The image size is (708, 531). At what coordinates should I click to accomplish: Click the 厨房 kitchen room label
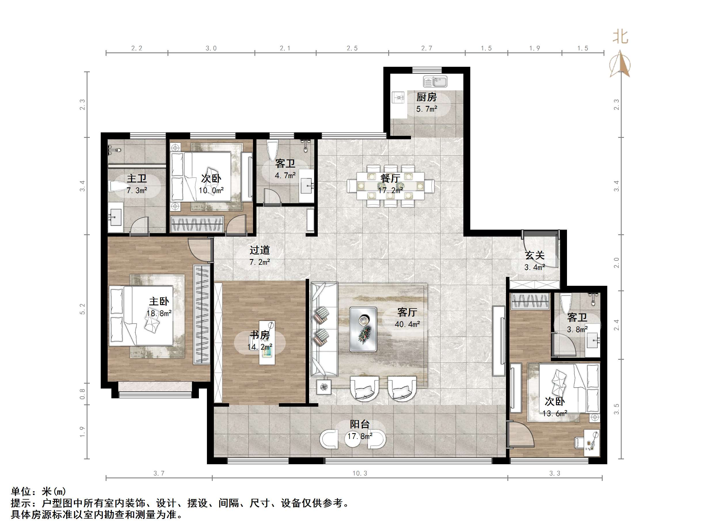(x=426, y=97)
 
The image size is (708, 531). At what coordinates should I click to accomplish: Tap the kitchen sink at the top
(x=435, y=82)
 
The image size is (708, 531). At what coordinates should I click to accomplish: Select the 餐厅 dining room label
(x=390, y=178)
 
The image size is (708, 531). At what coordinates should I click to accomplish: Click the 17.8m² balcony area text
(x=360, y=436)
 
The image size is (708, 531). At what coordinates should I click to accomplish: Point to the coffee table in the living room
(x=363, y=329)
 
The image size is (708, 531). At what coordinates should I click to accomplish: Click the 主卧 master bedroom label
(x=159, y=301)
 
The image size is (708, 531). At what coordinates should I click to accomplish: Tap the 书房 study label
(x=260, y=335)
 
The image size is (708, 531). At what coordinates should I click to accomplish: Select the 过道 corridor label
(x=260, y=250)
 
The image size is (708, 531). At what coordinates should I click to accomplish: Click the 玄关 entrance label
(x=534, y=255)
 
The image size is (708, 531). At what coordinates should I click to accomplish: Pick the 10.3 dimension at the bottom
(x=360, y=473)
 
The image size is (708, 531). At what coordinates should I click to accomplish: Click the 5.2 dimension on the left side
(x=83, y=309)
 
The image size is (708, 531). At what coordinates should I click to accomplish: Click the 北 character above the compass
(x=620, y=37)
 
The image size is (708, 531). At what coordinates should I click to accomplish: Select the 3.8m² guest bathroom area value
(x=577, y=329)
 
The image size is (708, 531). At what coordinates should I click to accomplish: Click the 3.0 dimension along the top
(x=211, y=48)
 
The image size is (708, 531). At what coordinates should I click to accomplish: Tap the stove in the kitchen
(x=398, y=97)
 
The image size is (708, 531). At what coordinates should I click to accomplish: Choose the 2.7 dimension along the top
(x=427, y=48)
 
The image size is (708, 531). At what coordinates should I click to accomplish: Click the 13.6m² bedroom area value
(x=555, y=413)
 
